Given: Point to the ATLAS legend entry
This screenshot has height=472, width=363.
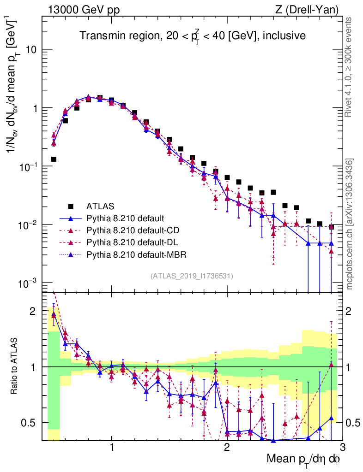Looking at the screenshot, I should (100, 206).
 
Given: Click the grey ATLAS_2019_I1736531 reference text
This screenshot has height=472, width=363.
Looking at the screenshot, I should (192, 276).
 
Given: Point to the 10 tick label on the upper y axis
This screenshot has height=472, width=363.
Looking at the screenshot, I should (32, 50).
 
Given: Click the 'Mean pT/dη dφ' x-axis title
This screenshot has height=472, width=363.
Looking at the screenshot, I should (304, 459).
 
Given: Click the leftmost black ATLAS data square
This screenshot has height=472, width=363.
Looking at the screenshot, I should (54, 159).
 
